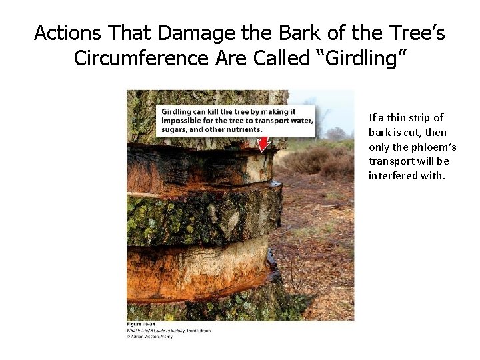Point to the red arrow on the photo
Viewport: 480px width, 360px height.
pos(265,143)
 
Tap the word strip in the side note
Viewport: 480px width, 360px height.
pos(411,117)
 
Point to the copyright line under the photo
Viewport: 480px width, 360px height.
pos(150,337)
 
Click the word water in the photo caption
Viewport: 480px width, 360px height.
pos(299,120)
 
